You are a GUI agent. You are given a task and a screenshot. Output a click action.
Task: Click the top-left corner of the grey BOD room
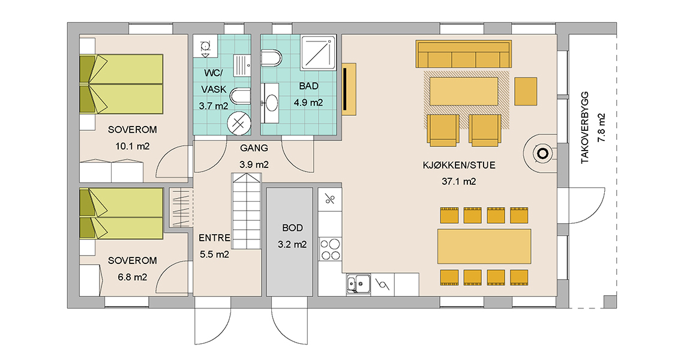pos(266,188)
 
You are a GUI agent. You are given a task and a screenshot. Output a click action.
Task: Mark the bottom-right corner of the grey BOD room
pos(313,296)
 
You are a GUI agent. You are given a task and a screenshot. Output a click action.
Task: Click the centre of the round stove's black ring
pos(542,154)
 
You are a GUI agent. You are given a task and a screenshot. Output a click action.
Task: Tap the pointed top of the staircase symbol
pos(247,173)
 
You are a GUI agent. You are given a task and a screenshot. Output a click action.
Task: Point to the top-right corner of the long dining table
pos(531,229)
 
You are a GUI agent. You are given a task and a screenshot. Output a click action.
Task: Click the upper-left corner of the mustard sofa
pos(416,41)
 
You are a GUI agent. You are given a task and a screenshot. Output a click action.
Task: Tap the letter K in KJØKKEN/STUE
pos(425,166)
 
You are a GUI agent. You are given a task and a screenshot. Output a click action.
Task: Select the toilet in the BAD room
pos(271,58)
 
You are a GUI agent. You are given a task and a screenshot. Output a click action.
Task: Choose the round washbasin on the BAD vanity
pos(272,103)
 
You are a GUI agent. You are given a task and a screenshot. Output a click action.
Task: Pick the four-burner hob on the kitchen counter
pos(330,249)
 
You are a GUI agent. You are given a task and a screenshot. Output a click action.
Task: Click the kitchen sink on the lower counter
pos(358,283)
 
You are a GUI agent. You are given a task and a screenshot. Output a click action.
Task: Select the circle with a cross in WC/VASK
pos(239,123)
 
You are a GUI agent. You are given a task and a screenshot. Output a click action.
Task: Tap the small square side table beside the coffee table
pos(526,92)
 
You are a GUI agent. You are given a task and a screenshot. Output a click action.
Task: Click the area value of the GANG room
pos(254,164)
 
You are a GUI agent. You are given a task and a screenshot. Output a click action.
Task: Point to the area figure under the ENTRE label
pos(214,254)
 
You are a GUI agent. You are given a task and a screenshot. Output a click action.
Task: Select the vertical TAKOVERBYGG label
pos(585,128)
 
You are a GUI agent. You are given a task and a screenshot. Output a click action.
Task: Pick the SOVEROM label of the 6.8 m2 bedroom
pos(133,260)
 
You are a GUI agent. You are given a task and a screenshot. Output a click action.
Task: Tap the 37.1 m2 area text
pos(459,181)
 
